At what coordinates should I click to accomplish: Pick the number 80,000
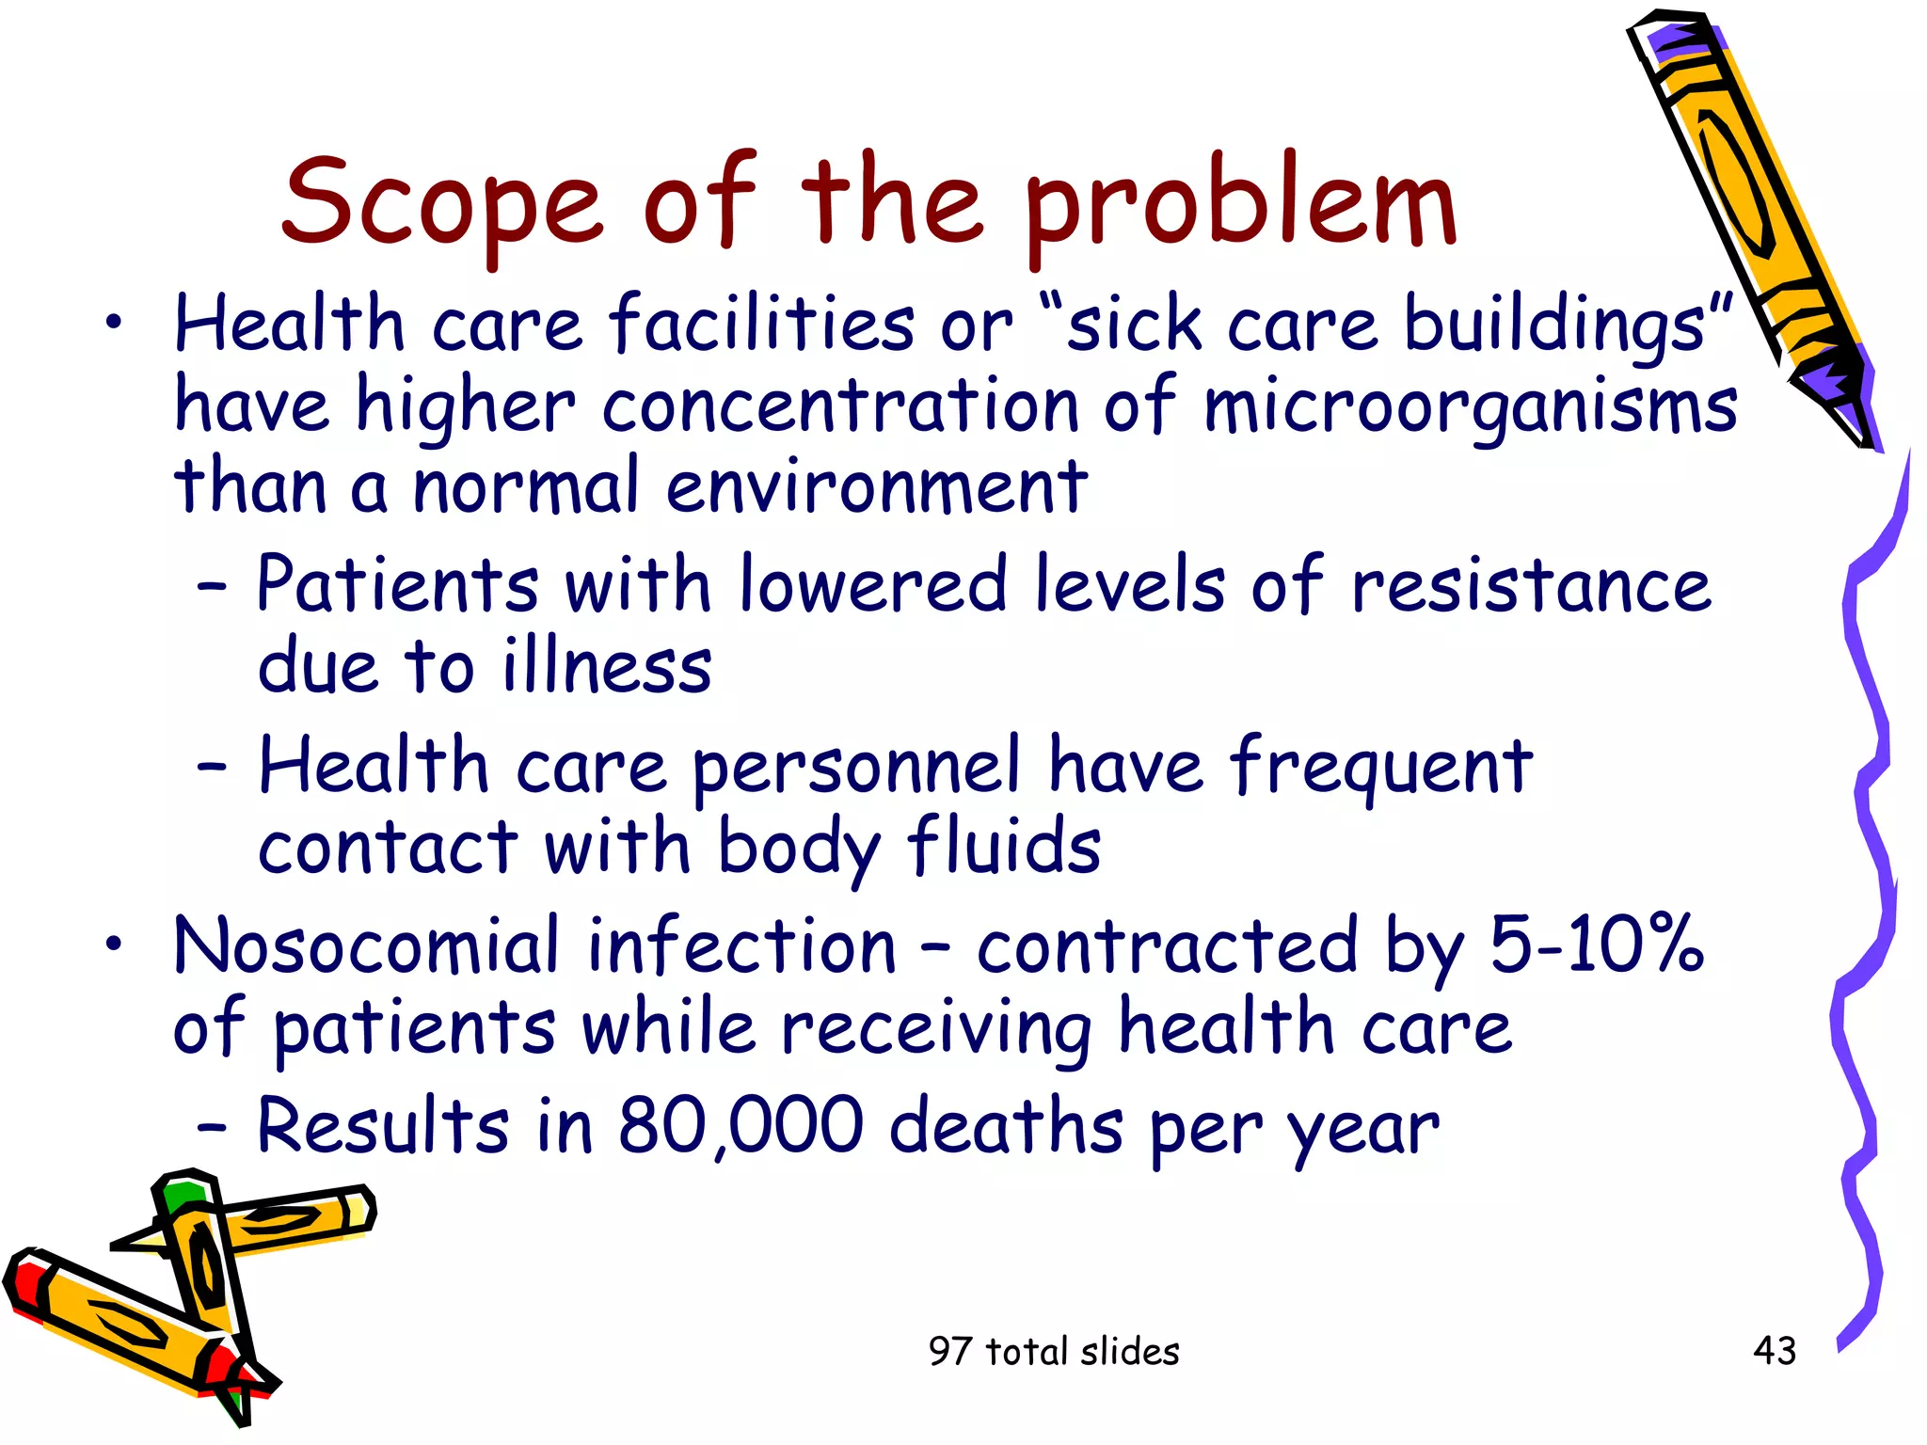[740, 1125]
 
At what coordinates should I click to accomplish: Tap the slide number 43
[1775, 1351]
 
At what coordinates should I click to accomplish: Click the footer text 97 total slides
[1054, 1352]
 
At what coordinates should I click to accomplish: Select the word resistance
[1531, 585]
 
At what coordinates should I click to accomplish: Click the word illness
[607, 667]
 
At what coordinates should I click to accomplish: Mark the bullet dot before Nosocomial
[114, 944]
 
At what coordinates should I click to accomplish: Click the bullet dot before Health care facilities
[114, 323]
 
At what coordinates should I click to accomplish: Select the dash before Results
[213, 1125]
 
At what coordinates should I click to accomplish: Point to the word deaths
[1006, 1125]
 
